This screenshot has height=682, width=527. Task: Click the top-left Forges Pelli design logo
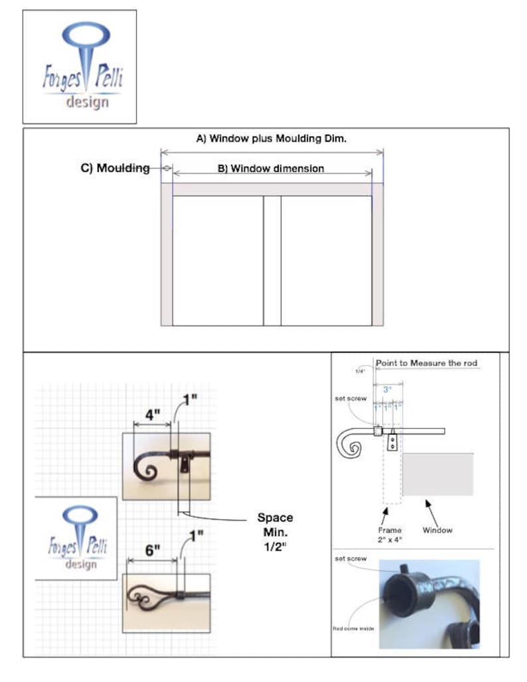pos(80,66)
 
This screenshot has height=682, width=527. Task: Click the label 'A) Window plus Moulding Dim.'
pos(271,139)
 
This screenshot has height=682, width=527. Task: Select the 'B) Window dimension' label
pos(271,169)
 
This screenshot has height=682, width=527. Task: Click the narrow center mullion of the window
pos(272,260)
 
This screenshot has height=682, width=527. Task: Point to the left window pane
pos(218,260)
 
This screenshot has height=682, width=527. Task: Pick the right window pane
pos(326,260)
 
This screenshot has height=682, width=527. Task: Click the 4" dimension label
pos(153,415)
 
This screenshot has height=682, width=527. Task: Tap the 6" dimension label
pos(153,551)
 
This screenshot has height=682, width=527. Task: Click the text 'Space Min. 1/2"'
pos(275,530)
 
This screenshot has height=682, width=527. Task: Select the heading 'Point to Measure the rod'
pos(427,363)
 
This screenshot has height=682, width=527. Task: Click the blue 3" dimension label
pos(387,391)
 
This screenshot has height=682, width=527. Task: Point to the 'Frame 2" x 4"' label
pos(390,535)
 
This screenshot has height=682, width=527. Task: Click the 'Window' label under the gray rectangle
pos(437,530)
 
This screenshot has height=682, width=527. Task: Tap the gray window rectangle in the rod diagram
pos(438,474)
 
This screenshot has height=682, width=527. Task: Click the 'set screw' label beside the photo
pos(350,559)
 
